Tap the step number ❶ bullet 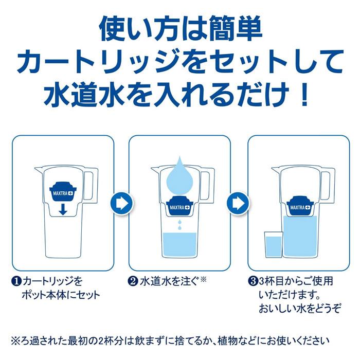click(x=17, y=282)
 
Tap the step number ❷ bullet click(x=133, y=282)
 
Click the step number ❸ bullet click(x=251, y=282)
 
